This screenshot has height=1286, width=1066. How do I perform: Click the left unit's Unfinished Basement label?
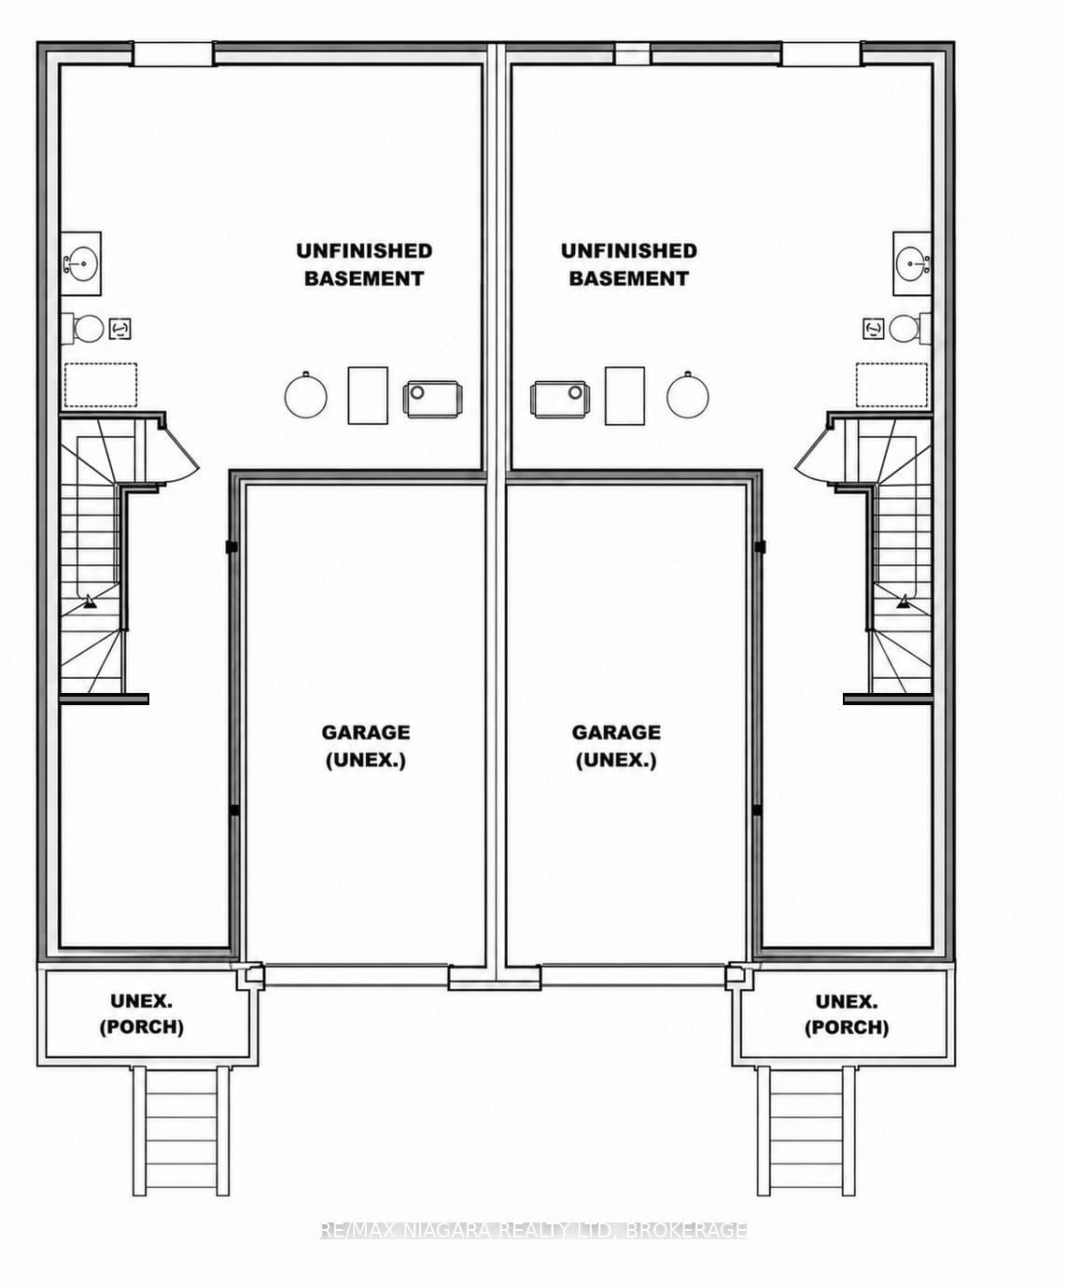tap(364, 265)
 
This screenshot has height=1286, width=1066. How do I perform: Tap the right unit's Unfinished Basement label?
tap(628, 265)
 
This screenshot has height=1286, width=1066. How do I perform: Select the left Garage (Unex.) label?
tap(366, 746)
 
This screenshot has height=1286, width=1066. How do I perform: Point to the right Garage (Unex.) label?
tap(616, 746)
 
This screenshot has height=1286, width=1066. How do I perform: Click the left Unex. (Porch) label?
tap(142, 1014)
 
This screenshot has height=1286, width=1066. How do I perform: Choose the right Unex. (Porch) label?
tap(847, 1015)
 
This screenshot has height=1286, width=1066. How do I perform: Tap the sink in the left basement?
tap(80, 263)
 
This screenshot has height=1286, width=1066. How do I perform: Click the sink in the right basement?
tap(912, 263)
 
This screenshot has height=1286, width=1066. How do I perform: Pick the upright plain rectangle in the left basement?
tap(368, 395)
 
